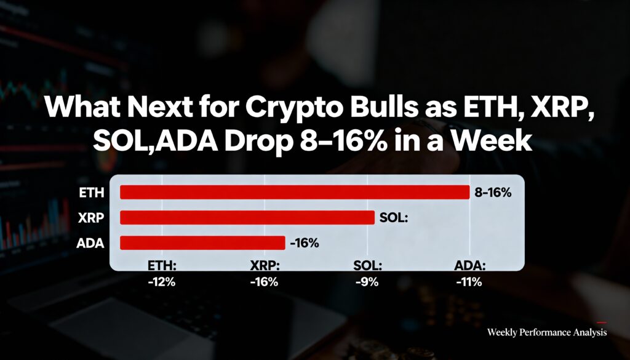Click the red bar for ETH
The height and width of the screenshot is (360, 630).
pyautogui.click(x=295, y=192)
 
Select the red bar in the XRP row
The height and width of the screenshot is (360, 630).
pyautogui.click(x=247, y=218)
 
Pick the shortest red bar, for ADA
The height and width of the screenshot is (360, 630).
pyautogui.click(x=202, y=242)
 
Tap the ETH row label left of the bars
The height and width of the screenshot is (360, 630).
pyautogui.click(x=92, y=193)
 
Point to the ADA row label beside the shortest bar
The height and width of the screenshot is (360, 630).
pyautogui.click(x=91, y=243)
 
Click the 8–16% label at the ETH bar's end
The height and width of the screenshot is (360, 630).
pyautogui.click(x=493, y=193)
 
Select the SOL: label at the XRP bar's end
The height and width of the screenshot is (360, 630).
pyautogui.click(x=394, y=218)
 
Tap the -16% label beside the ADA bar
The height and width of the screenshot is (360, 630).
pyautogui.click(x=304, y=243)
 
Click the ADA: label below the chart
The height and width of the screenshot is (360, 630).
pyautogui.click(x=470, y=266)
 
